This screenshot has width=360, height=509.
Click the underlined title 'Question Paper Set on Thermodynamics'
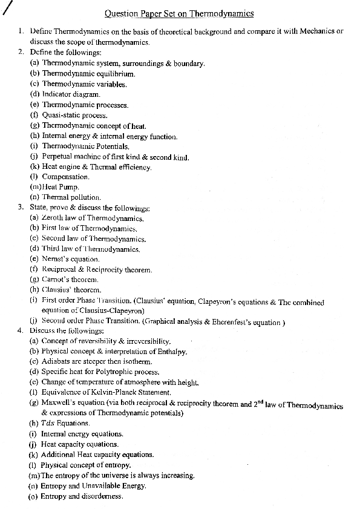coord(179,13)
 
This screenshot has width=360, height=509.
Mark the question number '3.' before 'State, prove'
coord(21,208)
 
